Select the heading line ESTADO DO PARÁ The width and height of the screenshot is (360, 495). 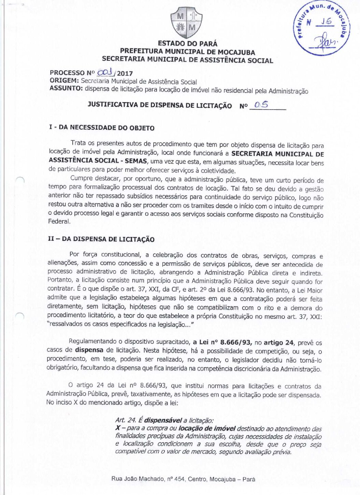coord(187,44)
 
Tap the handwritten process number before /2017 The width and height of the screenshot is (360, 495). coord(105,73)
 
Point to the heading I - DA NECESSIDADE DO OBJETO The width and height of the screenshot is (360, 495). coord(102,128)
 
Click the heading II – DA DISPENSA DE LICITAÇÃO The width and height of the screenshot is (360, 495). coord(101,239)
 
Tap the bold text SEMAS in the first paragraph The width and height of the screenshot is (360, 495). coord(135,161)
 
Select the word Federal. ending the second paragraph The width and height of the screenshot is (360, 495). coord(59,222)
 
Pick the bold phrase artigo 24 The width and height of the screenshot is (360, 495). coord(278,343)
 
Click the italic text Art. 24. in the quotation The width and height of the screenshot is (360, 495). coord(126,420)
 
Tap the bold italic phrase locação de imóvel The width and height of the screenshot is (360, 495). coord(207,428)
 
